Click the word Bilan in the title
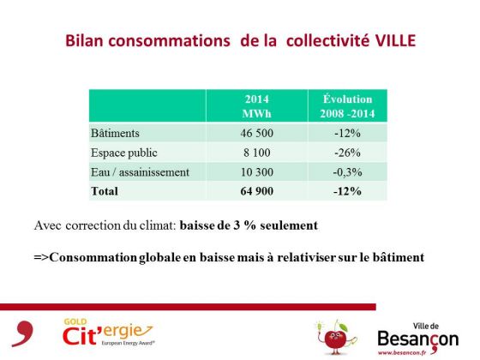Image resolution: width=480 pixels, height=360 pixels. (x=84, y=41)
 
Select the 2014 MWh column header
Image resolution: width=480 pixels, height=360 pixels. (x=257, y=106)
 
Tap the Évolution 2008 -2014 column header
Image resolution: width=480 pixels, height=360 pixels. (x=347, y=106)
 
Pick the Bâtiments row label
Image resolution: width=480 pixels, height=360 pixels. (x=115, y=133)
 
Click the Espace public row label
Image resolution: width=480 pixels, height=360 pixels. (x=124, y=153)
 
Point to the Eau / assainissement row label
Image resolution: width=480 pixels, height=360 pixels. (x=141, y=172)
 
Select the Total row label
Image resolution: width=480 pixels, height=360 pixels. (x=105, y=191)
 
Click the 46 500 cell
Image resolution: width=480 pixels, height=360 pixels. (x=257, y=133)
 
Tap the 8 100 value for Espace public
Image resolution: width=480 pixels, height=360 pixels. (x=257, y=153)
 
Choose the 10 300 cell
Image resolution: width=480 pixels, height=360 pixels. (x=257, y=172)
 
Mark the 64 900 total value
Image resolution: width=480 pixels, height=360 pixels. (x=257, y=191)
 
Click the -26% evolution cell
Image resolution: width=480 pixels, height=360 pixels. (x=347, y=153)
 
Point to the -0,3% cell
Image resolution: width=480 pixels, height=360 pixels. (x=347, y=172)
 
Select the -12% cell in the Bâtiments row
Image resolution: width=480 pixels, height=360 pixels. (x=347, y=133)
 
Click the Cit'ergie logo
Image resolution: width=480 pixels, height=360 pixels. (x=109, y=333)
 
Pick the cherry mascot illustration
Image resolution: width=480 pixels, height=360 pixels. (x=335, y=337)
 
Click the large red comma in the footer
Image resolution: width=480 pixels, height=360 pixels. (x=23, y=333)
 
